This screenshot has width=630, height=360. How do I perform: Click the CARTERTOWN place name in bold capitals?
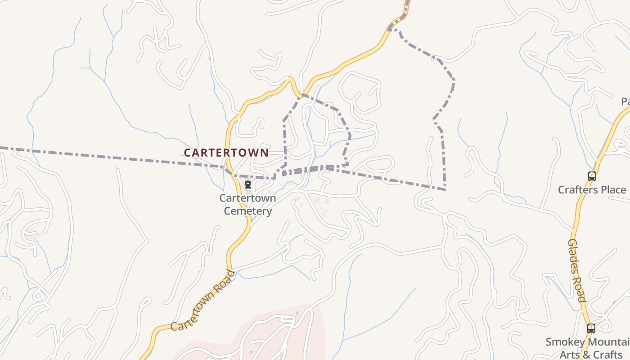click(226, 153)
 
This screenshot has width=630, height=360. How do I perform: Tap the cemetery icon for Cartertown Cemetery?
click(247, 184)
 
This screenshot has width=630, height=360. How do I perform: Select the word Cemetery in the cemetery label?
click(247, 211)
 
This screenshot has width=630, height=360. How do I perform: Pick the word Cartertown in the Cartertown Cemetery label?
click(247, 198)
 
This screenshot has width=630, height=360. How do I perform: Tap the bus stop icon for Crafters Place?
click(592, 176)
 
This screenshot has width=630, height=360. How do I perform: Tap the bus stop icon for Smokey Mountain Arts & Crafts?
click(591, 328)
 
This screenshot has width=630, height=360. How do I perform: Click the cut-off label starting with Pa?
click(625, 102)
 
